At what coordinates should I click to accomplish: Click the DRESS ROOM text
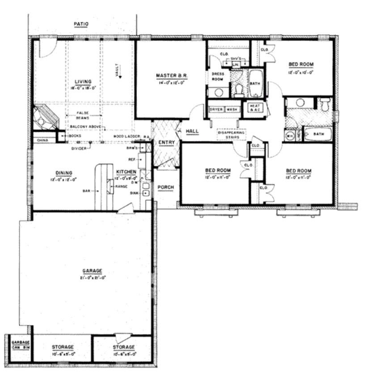click(218, 76)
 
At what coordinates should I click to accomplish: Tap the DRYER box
click(216, 109)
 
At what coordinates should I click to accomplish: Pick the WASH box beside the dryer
click(232, 109)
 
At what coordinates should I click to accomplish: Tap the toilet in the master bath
click(239, 91)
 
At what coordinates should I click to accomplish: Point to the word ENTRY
click(166, 143)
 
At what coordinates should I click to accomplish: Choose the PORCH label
click(166, 187)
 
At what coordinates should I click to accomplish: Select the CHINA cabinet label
click(41, 141)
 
